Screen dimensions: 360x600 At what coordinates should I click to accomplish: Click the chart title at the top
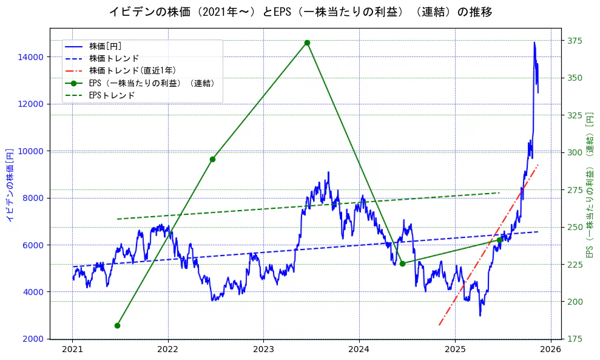pyautogui.click(x=300, y=12)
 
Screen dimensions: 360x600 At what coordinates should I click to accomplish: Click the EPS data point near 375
pyautogui.click(x=307, y=42)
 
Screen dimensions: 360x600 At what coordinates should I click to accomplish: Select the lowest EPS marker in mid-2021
pyautogui.click(x=117, y=325)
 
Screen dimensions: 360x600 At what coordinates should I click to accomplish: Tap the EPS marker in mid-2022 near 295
pyautogui.click(x=212, y=159)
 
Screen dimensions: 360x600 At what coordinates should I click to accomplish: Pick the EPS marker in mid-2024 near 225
pyautogui.click(x=402, y=263)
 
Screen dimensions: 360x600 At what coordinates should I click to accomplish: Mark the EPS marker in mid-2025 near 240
pyautogui.click(x=499, y=240)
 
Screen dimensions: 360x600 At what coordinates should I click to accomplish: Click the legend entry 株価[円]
pyautogui.click(x=105, y=46)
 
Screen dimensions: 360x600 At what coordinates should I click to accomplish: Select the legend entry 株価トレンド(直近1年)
pyautogui.click(x=132, y=70)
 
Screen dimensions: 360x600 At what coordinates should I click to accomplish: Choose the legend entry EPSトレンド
pyautogui.click(x=112, y=95)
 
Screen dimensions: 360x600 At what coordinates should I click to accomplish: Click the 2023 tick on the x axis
pyautogui.click(x=263, y=349)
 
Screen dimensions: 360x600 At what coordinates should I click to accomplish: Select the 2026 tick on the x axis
pyautogui.click(x=550, y=349)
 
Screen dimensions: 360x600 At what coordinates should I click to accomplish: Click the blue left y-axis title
pyautogui.click(x=10, y=183)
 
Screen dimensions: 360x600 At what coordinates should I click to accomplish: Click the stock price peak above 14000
pyautogui.click(x=534, y=42)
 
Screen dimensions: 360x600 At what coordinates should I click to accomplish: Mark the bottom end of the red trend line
pyautogui.click(x=439, y=325)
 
